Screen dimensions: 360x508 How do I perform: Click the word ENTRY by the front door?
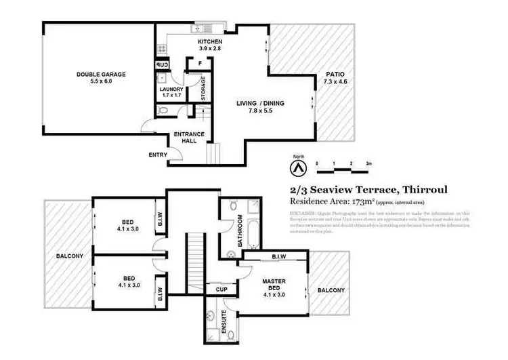point(157,155)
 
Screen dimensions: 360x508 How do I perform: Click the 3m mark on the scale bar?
point(369,164)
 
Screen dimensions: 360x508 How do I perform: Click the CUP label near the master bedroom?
point(221,289)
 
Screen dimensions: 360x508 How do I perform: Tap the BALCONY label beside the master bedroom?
point(331,290)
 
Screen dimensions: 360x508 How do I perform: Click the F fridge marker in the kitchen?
point(200,62)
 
